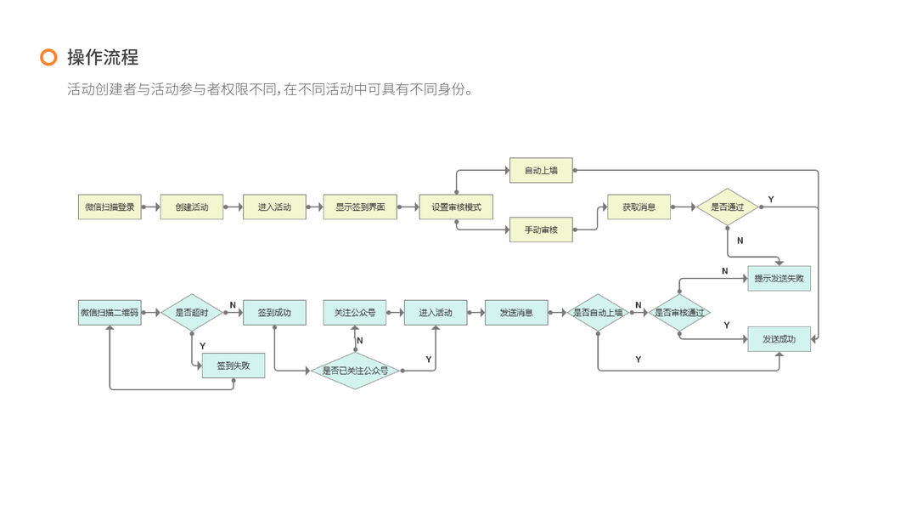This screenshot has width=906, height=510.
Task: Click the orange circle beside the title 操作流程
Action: tap(48, 57)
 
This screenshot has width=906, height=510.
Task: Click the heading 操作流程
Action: tap(103, 57)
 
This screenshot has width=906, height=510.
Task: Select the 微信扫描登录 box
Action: tap(110, 207)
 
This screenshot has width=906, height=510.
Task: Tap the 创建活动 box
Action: tap(192, 207)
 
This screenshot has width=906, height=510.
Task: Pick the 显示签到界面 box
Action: tap(360, 207)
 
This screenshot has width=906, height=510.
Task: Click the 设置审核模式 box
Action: tap(456, 207)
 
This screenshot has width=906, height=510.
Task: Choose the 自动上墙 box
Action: tap(541, 170)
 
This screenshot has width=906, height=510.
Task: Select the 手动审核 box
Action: tap(541, 229)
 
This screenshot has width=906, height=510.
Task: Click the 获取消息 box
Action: tap(639, 207)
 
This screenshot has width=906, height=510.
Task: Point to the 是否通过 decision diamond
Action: tap(727, 207)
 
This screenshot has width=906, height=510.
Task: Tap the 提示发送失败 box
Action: tap(779, 278)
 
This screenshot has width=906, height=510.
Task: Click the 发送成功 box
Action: tap(779, 339)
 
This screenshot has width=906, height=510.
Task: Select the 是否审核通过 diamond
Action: tap(679, 312)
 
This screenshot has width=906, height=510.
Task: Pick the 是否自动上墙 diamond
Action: tap(598, 312)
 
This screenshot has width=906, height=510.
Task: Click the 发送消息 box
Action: tap(516, 312)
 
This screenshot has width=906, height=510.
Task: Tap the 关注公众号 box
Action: tap(355, 312)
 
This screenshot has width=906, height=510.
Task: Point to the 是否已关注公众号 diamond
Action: tap(355, 371)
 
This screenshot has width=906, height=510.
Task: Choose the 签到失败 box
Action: tap(234, 365)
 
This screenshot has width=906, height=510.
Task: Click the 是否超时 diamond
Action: tap(192, 312)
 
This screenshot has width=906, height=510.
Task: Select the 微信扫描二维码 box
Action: tap(110, 312)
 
